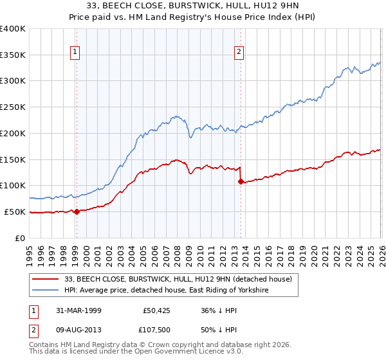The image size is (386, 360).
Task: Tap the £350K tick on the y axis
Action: tap(13, 55)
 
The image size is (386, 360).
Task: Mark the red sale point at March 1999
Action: tap(77, 211)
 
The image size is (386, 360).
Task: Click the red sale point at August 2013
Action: tap(241, 181)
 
